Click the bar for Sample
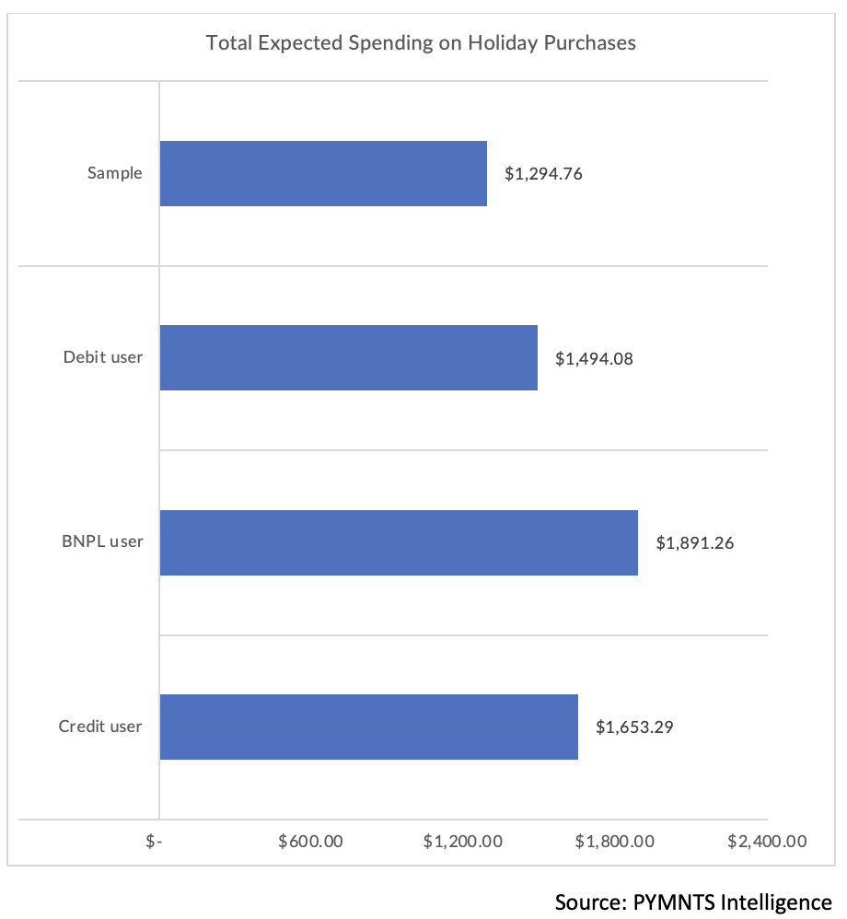pyautogui.click(x=323, y=173)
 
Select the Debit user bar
pyautogui.click(x=348, y=357)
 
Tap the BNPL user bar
pyautogui.click(x=399, y=542)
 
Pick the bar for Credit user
pyautogui.click(x=368, y=727)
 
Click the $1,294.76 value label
pyautogui.click(x=543, y=173)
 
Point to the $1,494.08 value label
pyautogui.click(x=594, y=358)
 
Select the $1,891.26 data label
pyautogui.click(x=694, y=543)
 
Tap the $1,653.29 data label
pyautogui.click(x=634, y=727)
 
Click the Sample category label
pyautogui.click(x=115, y=173)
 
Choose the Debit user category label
pyautogui.click(x=103, y=357)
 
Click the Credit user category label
pyautogui.click(x=100, y=727)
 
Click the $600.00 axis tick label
pyautogui.click(x=310, y=842)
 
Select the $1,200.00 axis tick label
pyautogui.click(x=462, y=842)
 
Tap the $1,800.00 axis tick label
pyautogui.click(x=615, y=842)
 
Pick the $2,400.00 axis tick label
pyautogui.click(x=767, y=842)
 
